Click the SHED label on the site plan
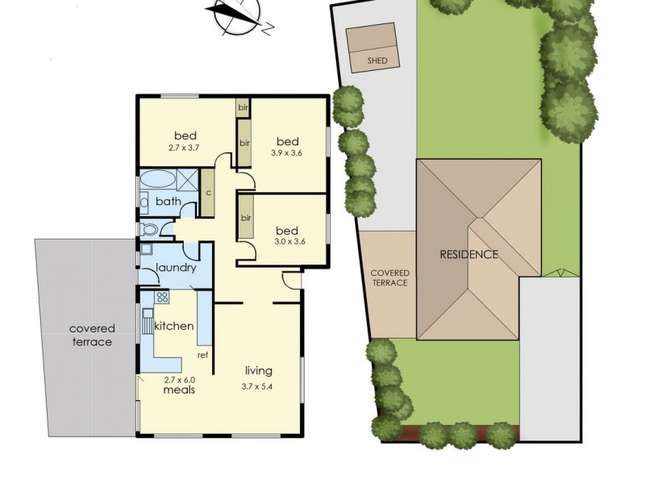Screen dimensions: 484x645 click(377, 60)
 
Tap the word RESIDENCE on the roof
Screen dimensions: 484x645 click(468, 255)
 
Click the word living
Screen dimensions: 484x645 click(259, 371)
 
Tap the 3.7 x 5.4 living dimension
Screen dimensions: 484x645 click(259, 385)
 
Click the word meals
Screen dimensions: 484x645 click(177, 390)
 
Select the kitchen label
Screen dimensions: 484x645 click(173, 326)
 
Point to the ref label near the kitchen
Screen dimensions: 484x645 click(203, 355)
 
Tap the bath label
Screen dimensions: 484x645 click(168, 202)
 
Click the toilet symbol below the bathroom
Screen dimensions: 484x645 click(148, 232)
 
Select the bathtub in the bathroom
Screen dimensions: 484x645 click(156, 178)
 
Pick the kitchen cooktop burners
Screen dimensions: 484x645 click(160, 298)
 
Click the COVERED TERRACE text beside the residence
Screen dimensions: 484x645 click(389, 278)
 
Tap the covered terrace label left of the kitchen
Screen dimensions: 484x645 click(91, 335)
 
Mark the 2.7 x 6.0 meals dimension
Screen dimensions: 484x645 click(177, 378)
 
